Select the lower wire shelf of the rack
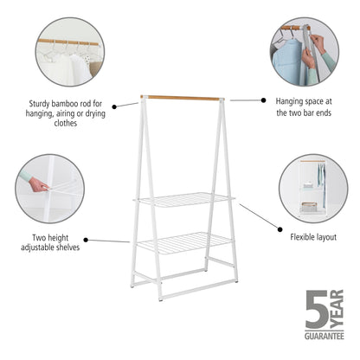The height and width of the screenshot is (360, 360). pyautogui.click(x=183, y=242)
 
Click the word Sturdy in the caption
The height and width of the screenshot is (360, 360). pyautogui.click(x=40, y=102)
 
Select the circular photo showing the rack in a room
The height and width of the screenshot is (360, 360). pyautogui.click(x=312, y=188)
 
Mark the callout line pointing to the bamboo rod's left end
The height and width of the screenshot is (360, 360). pyautogui.click(x=125, y=104)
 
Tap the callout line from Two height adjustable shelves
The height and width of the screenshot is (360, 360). pyautogui.click(x=109, y=241)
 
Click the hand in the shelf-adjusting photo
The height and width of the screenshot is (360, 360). pyautogui.click(x=36, y=184)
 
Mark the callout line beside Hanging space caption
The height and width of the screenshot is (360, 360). pyautogui.click(x=247, y=100)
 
